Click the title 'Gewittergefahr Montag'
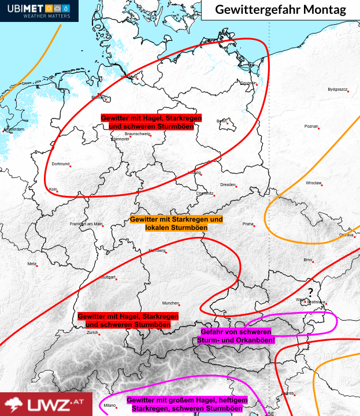coord(280,10)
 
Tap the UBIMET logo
coord(39,11)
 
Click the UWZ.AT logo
coord(46,404)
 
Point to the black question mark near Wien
coord(310,291)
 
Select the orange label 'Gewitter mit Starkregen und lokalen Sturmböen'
coord(176,224)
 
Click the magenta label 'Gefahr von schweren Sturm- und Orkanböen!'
coord(237,336)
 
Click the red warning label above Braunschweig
coord(151,121)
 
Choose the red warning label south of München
coord(128,321)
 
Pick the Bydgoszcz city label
coord(337,90)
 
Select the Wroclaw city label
coord(314,183)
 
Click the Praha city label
coord(248,224)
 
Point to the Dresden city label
coord(228,184)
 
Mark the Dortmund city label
coord(60,164)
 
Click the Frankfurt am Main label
coord(86,224)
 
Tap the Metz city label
coord(32,263)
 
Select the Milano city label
coord(110,406)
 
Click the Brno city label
coord(307,259)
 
